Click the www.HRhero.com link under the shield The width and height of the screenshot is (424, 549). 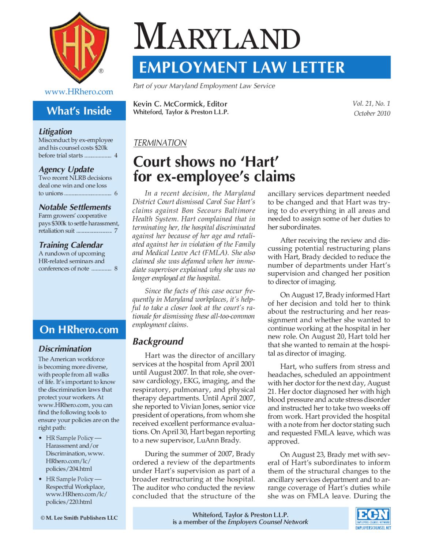pos(79,91)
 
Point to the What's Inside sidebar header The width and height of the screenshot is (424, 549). pos(79,111)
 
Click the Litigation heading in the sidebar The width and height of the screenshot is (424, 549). pos(55,131)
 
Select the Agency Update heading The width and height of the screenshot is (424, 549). pos(66,169)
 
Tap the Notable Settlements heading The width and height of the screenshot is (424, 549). pos(75,207)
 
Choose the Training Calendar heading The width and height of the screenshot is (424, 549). pos(71,245)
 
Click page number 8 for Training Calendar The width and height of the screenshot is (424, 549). pos(116,269)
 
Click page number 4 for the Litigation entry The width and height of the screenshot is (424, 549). pos(116,156)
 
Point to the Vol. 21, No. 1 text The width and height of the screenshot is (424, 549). pos(371,104)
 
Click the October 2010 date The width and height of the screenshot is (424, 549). pos(372,113)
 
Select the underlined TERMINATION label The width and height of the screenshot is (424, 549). pos(160,143)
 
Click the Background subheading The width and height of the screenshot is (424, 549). pos(158,341)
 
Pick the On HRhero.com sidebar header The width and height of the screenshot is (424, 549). pos(79,329)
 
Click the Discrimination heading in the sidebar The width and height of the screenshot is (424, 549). pos(65,348)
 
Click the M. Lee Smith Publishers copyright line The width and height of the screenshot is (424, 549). pos(79,518)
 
